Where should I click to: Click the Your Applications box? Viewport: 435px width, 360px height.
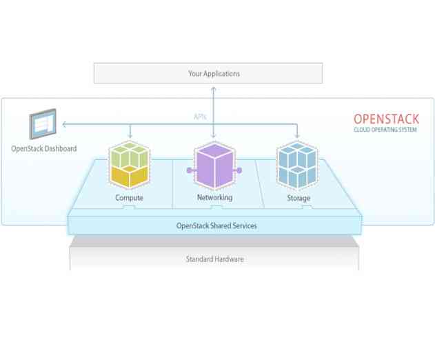208,73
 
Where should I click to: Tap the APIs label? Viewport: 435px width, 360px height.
200,117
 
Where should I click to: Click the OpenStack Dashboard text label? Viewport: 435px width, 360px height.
43,148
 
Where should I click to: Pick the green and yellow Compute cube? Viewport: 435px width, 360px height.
129,166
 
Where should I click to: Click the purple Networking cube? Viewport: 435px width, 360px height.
214,166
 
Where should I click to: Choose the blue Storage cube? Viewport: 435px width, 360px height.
298,166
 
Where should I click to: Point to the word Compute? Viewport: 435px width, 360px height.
129,198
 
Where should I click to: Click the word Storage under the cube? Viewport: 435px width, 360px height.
298,198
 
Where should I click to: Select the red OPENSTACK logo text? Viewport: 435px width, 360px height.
386,119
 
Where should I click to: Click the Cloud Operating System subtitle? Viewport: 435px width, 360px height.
386,130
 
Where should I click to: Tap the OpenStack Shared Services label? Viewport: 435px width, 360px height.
216,226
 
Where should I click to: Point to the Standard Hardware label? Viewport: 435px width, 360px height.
214,259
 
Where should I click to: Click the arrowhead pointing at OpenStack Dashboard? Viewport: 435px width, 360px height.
63,125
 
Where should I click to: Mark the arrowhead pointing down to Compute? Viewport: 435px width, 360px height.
130,137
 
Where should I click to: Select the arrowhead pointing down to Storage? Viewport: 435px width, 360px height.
298,137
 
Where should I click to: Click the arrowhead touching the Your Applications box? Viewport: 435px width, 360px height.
214,86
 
